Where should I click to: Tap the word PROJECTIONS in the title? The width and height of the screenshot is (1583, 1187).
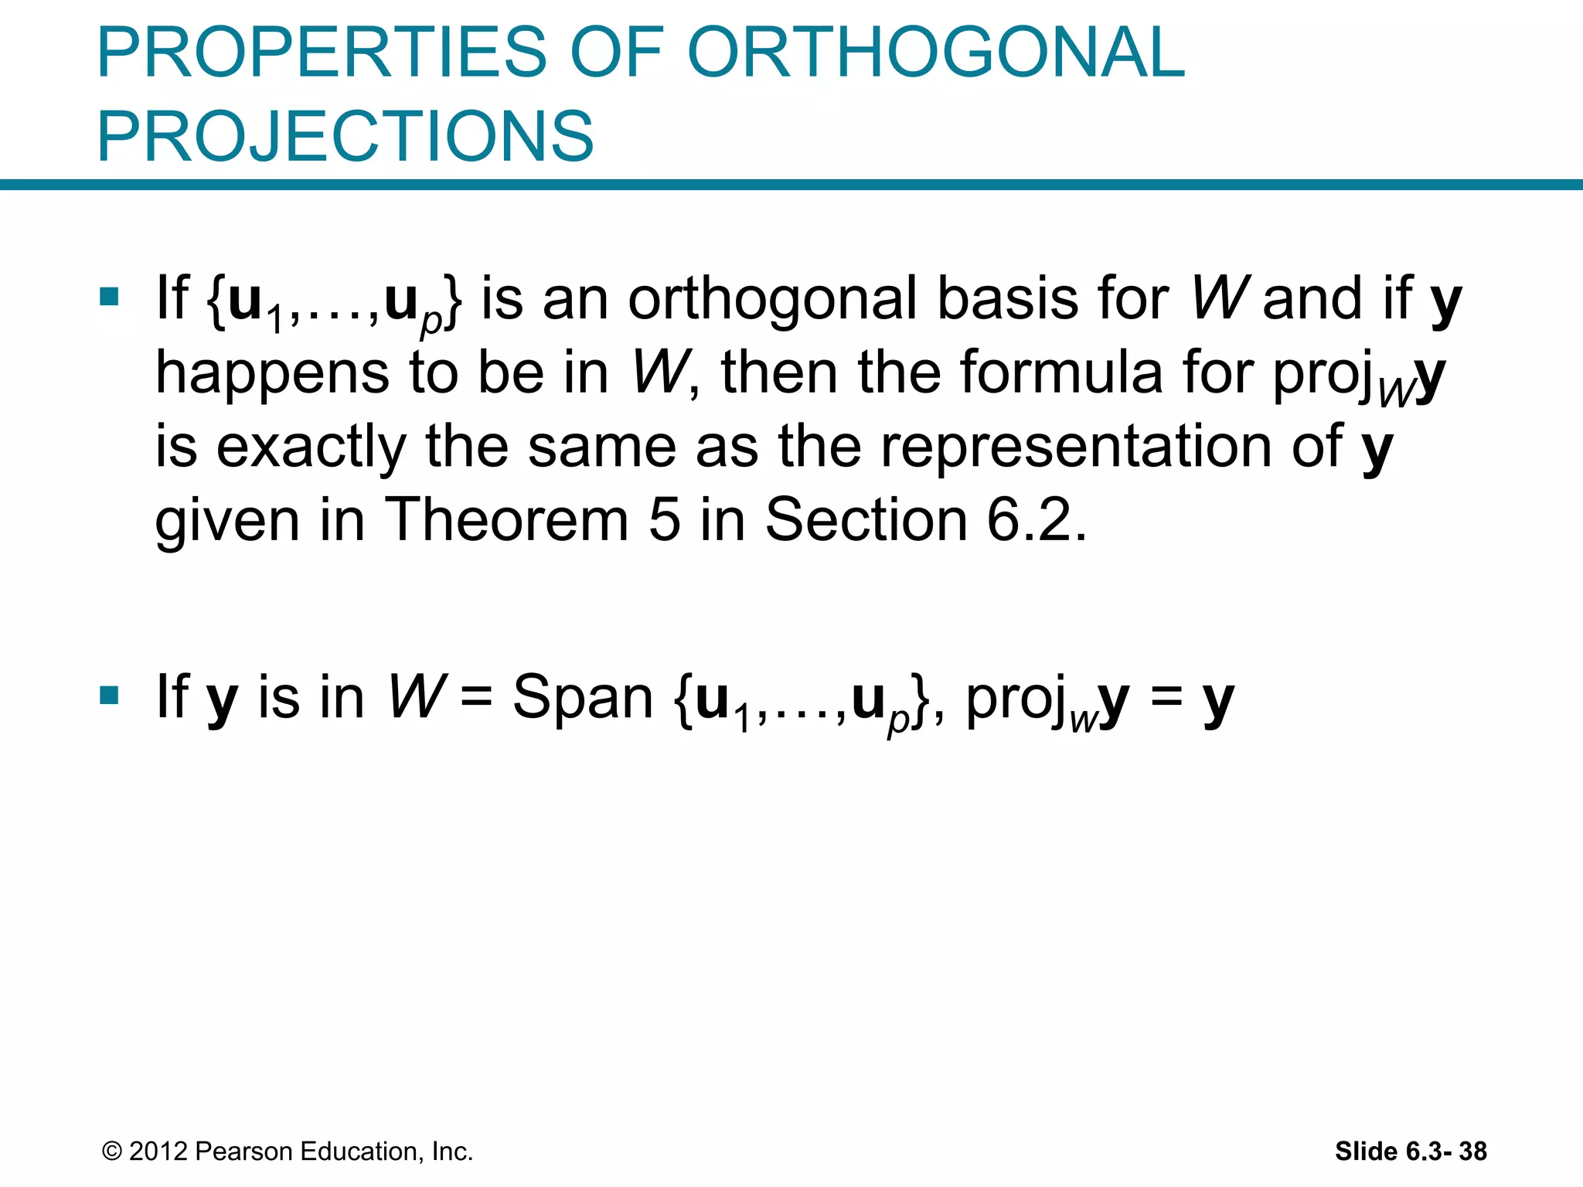[x=346, y=136]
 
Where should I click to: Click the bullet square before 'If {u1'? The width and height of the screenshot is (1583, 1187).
[x=109, y=297]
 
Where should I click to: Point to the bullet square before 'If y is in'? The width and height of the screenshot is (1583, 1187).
[x=109, y=696]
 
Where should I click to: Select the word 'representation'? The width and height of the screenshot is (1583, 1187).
[x=1077, y=446]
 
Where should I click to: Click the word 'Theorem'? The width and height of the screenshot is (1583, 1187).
[x=507, y=519]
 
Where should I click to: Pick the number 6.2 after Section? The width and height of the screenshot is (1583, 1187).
[x=1036, y=519]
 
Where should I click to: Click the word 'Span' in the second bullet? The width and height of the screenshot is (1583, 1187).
[x=584, y=697]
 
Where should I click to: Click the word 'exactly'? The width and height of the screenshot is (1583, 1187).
[x=311, y=447]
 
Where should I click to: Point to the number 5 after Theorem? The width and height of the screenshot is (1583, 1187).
[x=664, y=519]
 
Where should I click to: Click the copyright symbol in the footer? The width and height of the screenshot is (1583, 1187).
[x=112, y=1151]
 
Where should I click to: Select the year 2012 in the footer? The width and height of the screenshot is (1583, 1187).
[x=158, y=1151]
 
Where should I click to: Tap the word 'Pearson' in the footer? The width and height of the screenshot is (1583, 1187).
[x=244, y=1151]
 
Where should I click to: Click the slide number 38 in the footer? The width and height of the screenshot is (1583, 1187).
[x=1472, y=1151]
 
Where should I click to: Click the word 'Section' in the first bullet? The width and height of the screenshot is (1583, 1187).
[x=866, y=519]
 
